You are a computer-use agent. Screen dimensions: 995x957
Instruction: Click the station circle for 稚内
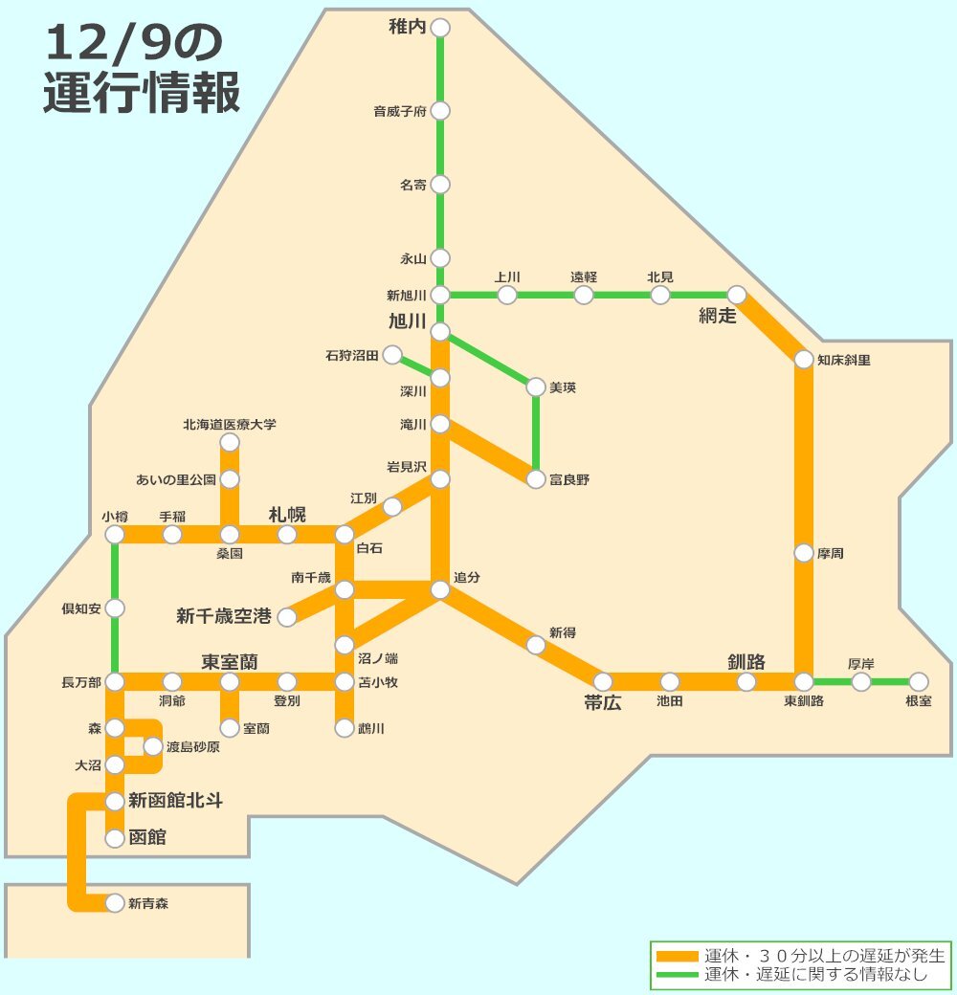pyautogui.click(x=440, y=29)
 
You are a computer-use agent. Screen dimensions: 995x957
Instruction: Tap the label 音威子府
pyautogui.click(x=399, y=112)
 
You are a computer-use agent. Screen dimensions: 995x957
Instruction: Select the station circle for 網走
pyautogui.click(x=737, y=295)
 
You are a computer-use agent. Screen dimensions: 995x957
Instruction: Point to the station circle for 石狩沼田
pyautogui.click(x=392, y=356)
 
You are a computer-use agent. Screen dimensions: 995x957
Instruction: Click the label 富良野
pyautogui.click(x=570, y=480)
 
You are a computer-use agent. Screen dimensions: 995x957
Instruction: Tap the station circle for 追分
pyautogui.click(x=440, y=590)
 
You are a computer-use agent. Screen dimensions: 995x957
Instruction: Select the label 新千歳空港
pyautogui.click(x=225, y=617)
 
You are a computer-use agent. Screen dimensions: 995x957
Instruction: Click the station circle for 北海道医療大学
pyautogui.click(x=230, y=442)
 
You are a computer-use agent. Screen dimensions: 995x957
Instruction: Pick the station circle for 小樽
pyautogui.click(x=115, y=535)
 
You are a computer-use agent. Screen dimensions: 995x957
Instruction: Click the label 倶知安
pyautogui.click(x=81, y=608)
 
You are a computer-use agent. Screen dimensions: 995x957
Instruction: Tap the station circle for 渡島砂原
pyautogui.click(x=153, y=746)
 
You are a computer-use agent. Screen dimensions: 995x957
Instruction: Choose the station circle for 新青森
pyautogui.click(x=115, y=902)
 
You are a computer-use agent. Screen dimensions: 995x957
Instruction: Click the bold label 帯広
pyautogui.click(x=603, y=703)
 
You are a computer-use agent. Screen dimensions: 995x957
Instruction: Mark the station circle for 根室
pyautogui.click(x=919, y=682)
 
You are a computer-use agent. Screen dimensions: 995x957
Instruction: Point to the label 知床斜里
pyautogui.click(x=844, y=361)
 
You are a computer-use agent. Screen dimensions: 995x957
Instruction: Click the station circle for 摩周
pyautogui.click(x=804, y=553)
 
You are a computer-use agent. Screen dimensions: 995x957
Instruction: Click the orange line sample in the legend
pyautogui.click(x=678, y=956)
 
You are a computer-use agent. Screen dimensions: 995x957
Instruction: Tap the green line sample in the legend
pyautogui.click(x=678, y=975)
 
